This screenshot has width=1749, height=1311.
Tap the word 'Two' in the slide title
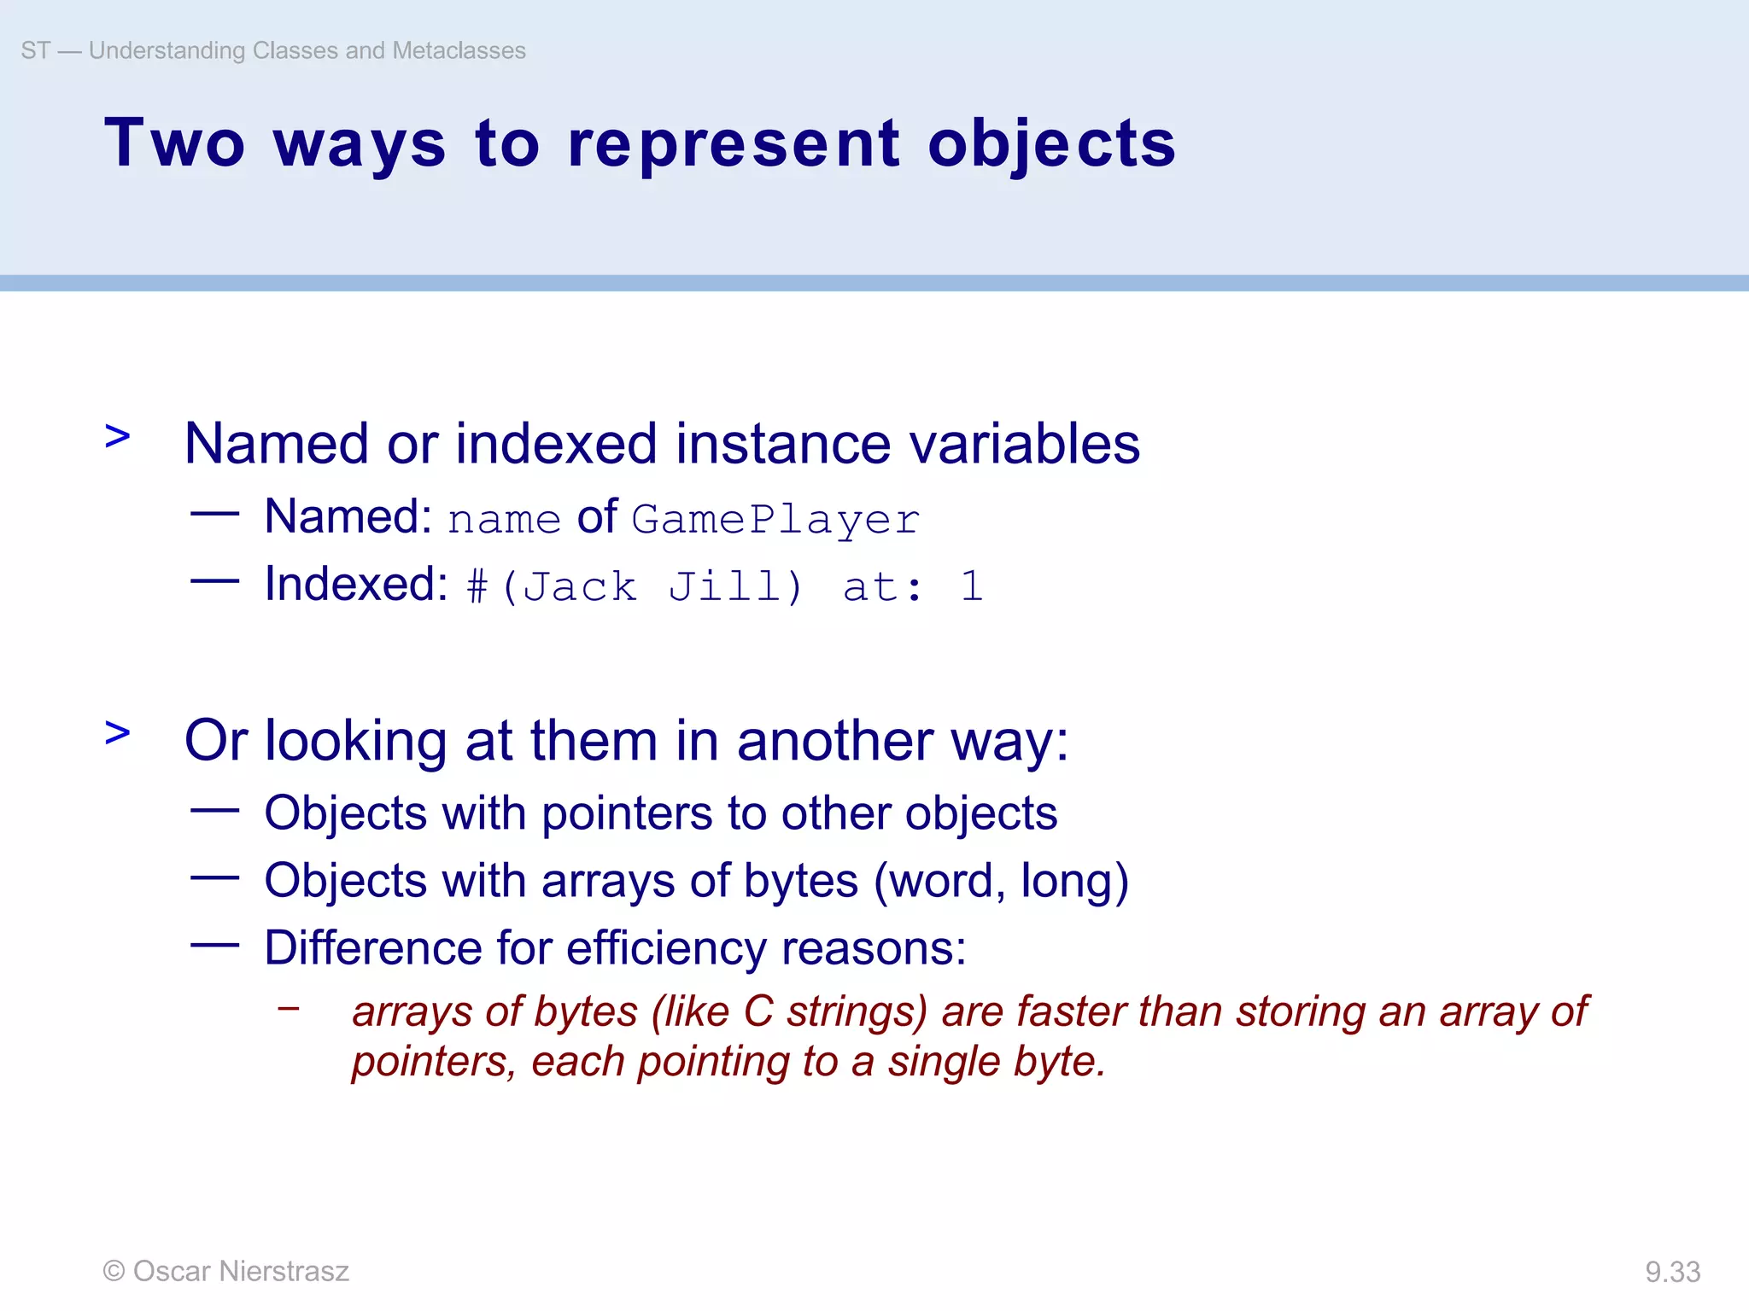point(175,143)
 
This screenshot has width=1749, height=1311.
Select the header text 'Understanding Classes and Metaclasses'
point(307,50)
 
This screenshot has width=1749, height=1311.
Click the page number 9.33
point(1672,1272)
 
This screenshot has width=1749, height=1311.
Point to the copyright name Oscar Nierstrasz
point(241,1271)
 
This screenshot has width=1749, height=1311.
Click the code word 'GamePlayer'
point(775,519)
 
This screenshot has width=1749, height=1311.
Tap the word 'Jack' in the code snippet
point(579,586)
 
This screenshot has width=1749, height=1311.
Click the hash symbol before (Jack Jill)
point(477,587)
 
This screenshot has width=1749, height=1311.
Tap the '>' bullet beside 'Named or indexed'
point(118,436)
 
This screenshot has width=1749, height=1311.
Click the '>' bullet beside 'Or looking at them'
point(118,732)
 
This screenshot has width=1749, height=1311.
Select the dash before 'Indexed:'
point(214,581)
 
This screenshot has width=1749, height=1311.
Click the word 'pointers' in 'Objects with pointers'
point(627,813)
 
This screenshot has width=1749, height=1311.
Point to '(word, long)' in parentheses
point(1001,881)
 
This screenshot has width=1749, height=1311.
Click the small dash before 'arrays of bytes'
point(289,1008)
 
